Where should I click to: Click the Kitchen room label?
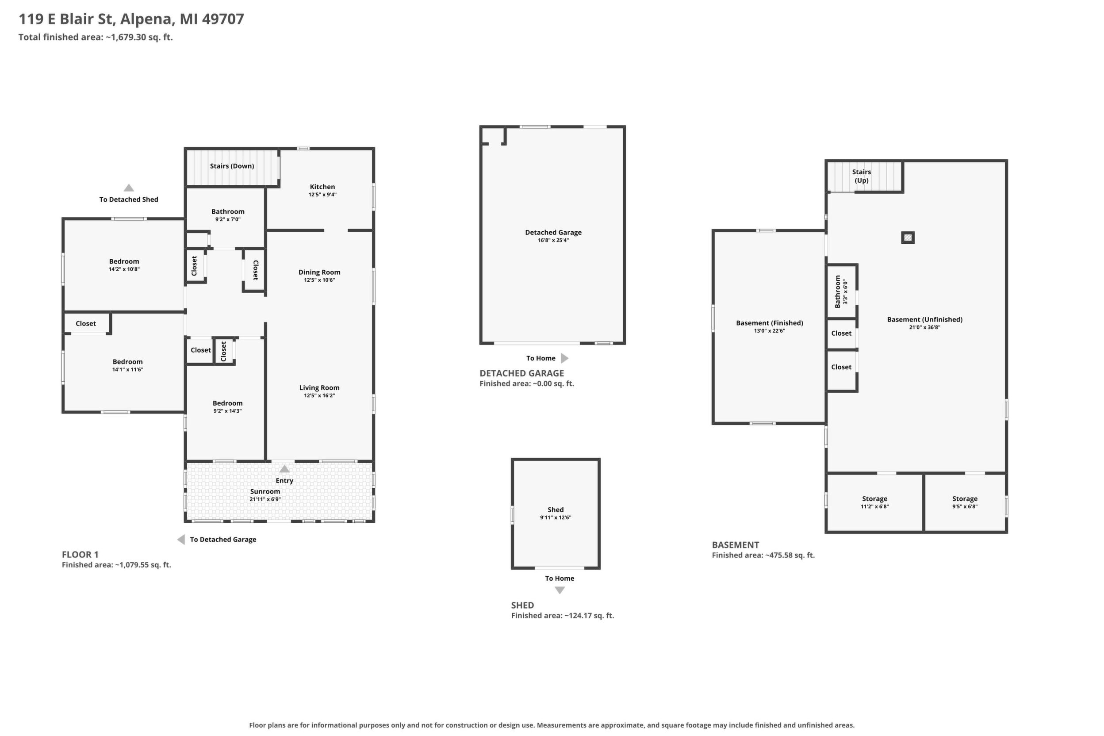coord(322,187)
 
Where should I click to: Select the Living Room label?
coord(319,388)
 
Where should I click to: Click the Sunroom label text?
coord(265,491)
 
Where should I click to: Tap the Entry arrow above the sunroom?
coord(284,469)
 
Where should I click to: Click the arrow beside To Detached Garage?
coord(181,540)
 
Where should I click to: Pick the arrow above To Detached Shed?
coord(129,188)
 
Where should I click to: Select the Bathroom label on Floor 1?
coord(228,212)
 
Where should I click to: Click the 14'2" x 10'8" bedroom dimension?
coord(124,269)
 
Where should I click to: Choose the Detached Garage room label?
coord(553,232)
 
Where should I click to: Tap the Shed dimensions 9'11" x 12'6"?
coord(555,518)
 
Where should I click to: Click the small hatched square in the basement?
coord(908,238)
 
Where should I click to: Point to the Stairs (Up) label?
coord(861,176)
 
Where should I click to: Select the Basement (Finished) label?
coord(769,323)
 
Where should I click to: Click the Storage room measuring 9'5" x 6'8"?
coord(965,503)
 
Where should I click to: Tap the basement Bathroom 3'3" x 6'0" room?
coord(842,291)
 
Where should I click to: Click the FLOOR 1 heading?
coord(80,554)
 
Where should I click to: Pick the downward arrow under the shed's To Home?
coord(560,590)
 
